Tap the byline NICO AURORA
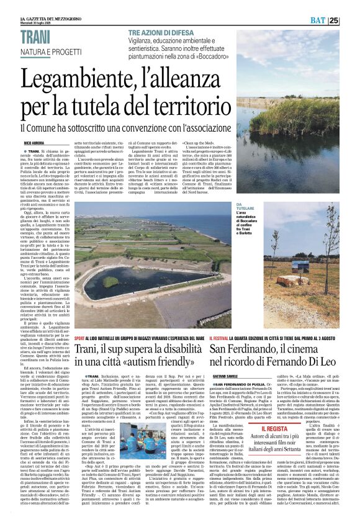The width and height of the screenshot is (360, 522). pyautogui.click(x=38, y=143)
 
